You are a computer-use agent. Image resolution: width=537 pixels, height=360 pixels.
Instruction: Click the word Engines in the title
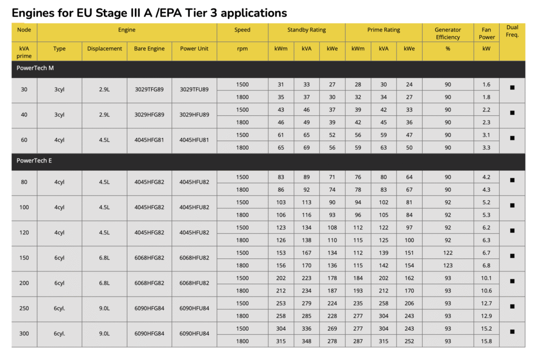coord(33,12)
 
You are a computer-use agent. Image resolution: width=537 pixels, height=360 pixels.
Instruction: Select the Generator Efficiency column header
coord(447,34)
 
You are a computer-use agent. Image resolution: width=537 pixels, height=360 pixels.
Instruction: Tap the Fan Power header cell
coord(486,34)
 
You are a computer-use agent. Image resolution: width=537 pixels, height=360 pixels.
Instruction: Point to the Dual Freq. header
coord(512,31)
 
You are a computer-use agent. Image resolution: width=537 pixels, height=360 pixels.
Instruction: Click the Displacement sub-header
coord(104,49)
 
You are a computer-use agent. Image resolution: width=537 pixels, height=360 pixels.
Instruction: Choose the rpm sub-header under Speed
coord(242,49)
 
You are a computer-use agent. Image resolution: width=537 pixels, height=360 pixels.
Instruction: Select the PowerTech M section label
coord(35,69)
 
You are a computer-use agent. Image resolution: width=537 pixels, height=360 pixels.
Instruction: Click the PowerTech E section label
coord(34,161)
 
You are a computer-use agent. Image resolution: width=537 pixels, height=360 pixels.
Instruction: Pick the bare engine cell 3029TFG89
coord(149,90)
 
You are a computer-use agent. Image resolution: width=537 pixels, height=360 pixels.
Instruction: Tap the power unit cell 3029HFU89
coord(194,115)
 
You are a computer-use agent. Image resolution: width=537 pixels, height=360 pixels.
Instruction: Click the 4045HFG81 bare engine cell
coord(149,140)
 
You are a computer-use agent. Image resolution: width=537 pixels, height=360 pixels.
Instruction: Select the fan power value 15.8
coord(486,341)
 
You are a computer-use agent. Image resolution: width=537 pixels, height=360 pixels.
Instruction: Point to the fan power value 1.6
coord(486,84)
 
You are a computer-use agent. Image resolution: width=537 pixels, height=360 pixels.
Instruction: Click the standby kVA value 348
coord(306,341)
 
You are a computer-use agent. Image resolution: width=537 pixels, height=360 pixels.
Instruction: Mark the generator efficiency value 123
coord(447,266)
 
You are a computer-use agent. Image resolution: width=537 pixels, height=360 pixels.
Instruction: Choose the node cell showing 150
coord(24,258)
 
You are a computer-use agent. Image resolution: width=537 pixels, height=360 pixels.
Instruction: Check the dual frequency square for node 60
coord(512,138)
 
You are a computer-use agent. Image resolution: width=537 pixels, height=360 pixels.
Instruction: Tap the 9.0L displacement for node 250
coord(104,309)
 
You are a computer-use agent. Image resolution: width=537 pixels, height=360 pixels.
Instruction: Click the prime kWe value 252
coord(409,341)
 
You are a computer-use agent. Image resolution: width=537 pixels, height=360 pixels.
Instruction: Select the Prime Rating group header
coord(384,30)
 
